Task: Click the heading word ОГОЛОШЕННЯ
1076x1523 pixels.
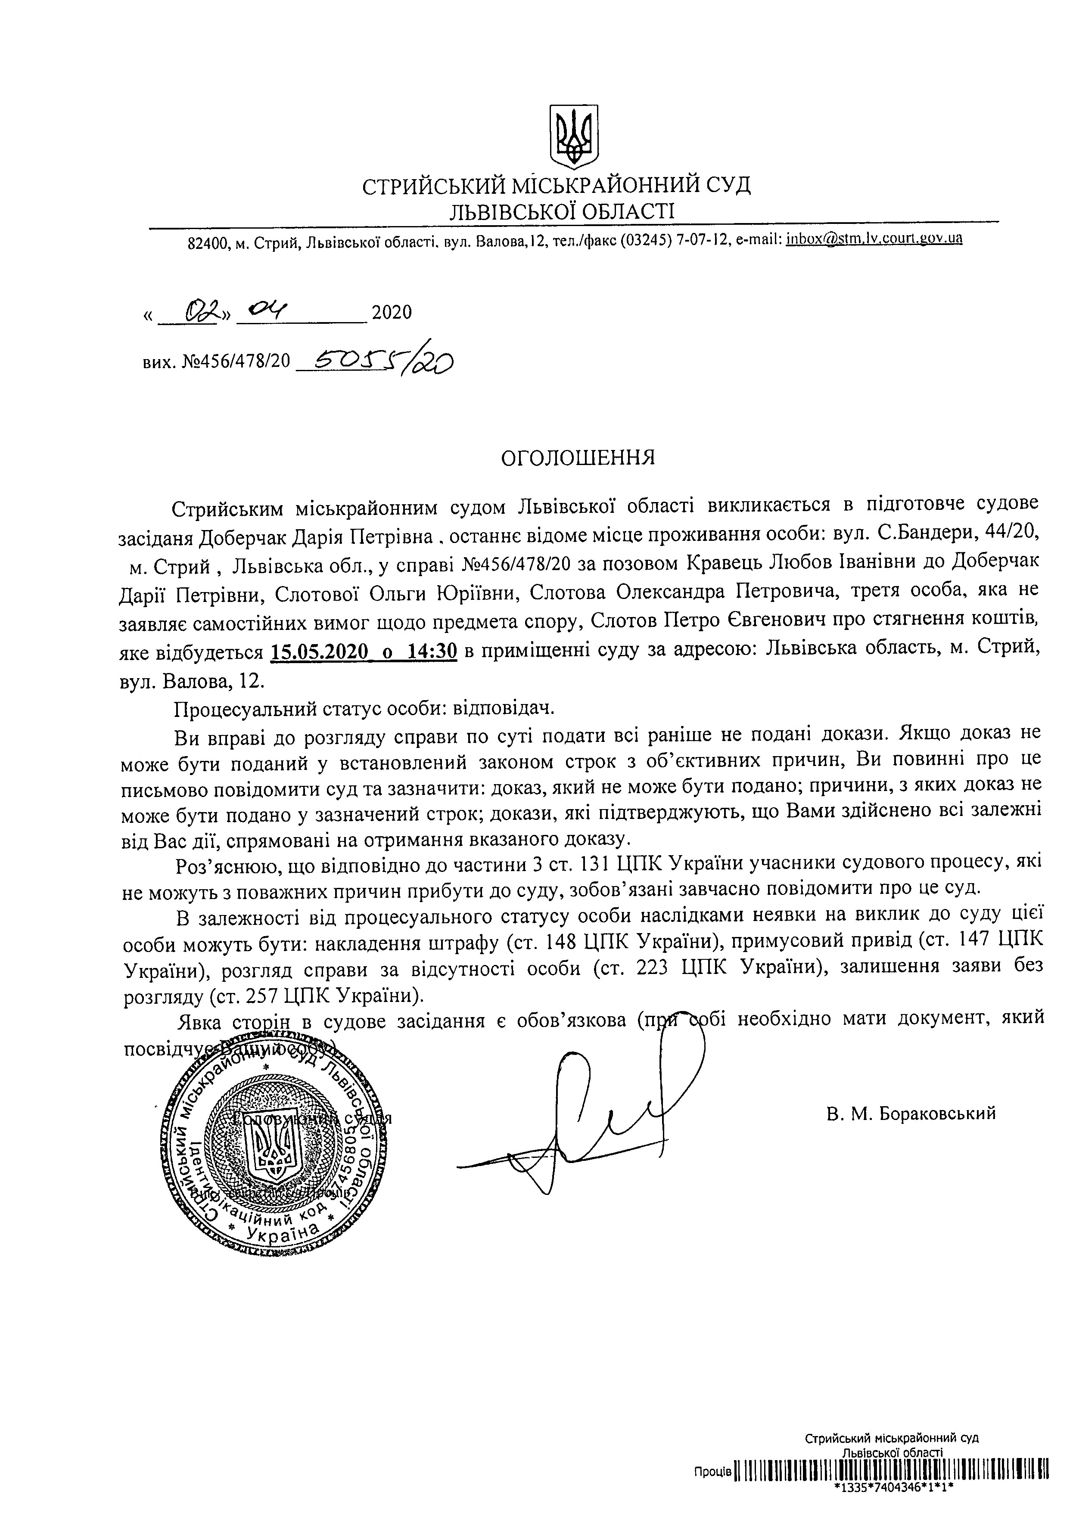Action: [577, 458]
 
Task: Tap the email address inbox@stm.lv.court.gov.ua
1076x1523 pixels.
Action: [874, 238]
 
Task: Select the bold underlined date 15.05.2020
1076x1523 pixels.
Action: [319, 652]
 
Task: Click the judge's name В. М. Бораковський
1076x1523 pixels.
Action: [911, 1114]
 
